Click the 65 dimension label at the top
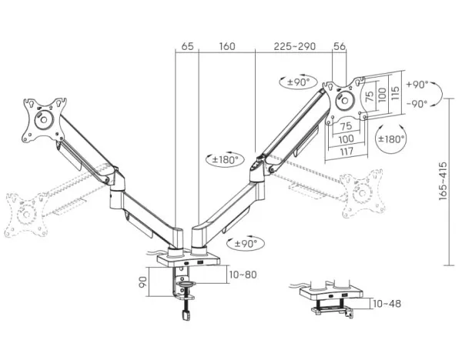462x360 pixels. [x=187, y=46]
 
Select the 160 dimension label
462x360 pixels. [x=226, y=46]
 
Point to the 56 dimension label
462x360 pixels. [x=339, y=46]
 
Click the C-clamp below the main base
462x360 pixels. [x=185, y=288]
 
